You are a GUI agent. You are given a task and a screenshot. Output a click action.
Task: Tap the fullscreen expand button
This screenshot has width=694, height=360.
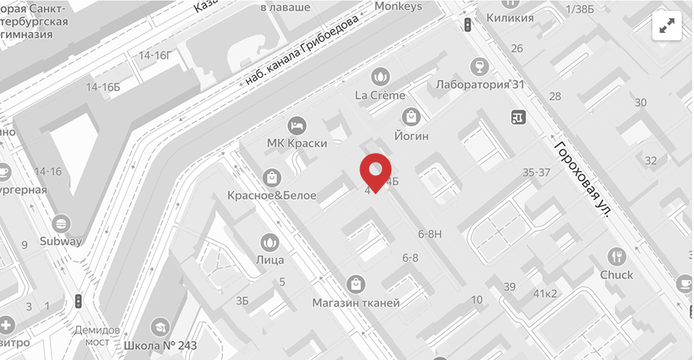coord(668,26)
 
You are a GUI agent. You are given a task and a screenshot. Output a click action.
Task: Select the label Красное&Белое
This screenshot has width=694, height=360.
coord(273,195)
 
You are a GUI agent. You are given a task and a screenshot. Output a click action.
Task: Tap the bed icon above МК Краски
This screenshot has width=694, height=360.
coord(297,125)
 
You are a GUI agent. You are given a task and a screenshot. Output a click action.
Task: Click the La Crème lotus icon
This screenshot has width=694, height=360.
coord(380,76)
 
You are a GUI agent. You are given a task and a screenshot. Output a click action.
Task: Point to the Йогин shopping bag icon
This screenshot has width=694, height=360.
coord(411,117)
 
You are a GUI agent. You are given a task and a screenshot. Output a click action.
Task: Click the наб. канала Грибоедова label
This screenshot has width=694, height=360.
coord(303,52)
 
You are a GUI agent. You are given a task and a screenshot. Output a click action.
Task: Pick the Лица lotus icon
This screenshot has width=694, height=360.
coord(269,242)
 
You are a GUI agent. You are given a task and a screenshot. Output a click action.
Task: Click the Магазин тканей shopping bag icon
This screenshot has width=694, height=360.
coord(356,284)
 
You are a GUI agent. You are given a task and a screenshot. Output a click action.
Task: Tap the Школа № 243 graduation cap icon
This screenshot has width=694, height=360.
coord(160,326)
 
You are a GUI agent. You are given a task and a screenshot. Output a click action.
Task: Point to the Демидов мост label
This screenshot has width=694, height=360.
coord(92,335)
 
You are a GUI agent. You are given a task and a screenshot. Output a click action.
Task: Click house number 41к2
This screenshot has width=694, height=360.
coord(545,293)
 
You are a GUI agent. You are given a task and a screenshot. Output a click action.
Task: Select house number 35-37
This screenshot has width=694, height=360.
coord(536,172)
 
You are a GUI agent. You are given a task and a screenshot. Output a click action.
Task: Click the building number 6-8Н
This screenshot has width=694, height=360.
coord(430,233)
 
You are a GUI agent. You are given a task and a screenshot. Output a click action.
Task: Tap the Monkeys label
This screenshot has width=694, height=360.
coord(398,7)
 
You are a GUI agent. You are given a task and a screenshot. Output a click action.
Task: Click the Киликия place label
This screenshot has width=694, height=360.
coord(509,17)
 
